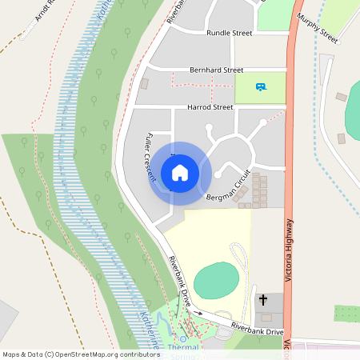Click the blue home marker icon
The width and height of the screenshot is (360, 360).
[x=180, y=172]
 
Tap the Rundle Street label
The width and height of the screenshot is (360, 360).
[x=230, y=34]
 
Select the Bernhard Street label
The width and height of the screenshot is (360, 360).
[x=216, y=70]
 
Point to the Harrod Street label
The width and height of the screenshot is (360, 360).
[x=210, y=106]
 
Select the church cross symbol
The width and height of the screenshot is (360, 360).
[x=263, y=300]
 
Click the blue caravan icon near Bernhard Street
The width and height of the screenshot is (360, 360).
[x=260, y=86]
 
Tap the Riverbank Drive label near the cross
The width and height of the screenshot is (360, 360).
[x=258, y=330]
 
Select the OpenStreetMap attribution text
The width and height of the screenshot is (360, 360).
[x=81, y=354]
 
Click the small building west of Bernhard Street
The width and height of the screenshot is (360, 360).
[x=145, y=82]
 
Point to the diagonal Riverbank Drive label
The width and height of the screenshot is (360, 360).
[x=179, y=277]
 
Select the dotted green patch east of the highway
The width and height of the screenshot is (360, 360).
[x=346, y=313]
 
